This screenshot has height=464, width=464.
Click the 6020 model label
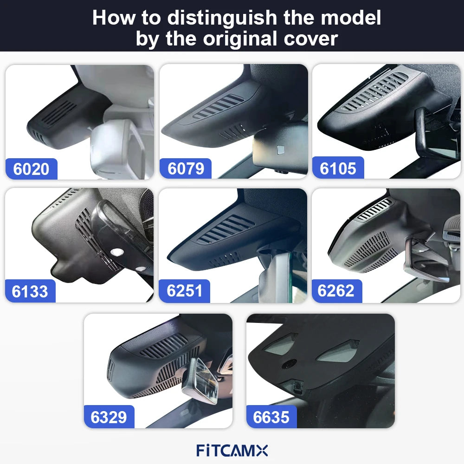coord(31,169)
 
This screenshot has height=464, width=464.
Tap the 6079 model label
coord(186,168)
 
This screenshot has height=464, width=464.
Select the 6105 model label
coord(338,168)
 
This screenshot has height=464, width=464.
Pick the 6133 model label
coord(30,291)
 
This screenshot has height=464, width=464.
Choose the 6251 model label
coord(184,290)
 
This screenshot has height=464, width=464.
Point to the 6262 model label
coord(336,290)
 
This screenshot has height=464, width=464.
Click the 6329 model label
coord(109,417)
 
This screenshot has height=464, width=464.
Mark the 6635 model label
coord(271,417)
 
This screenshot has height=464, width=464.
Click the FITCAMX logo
coord(232,451)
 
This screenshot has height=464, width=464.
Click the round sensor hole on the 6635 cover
coord(290,364)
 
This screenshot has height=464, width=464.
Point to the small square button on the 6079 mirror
coord(280,150)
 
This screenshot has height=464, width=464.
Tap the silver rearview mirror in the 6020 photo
coord(118,148)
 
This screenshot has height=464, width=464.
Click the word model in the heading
coord(351,18)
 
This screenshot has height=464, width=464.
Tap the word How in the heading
coord(113,18)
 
